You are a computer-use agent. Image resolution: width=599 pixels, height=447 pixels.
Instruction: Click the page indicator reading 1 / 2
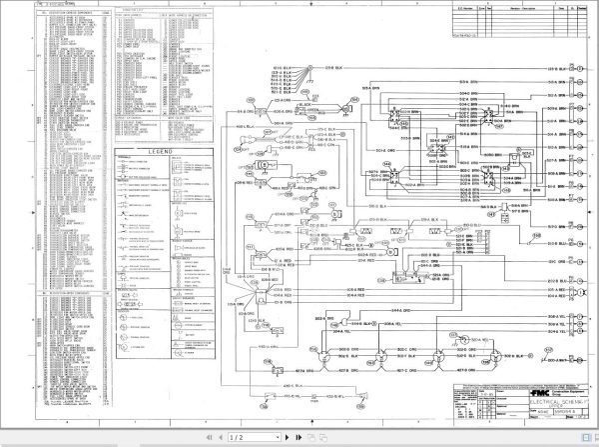(x=238, y=438)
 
